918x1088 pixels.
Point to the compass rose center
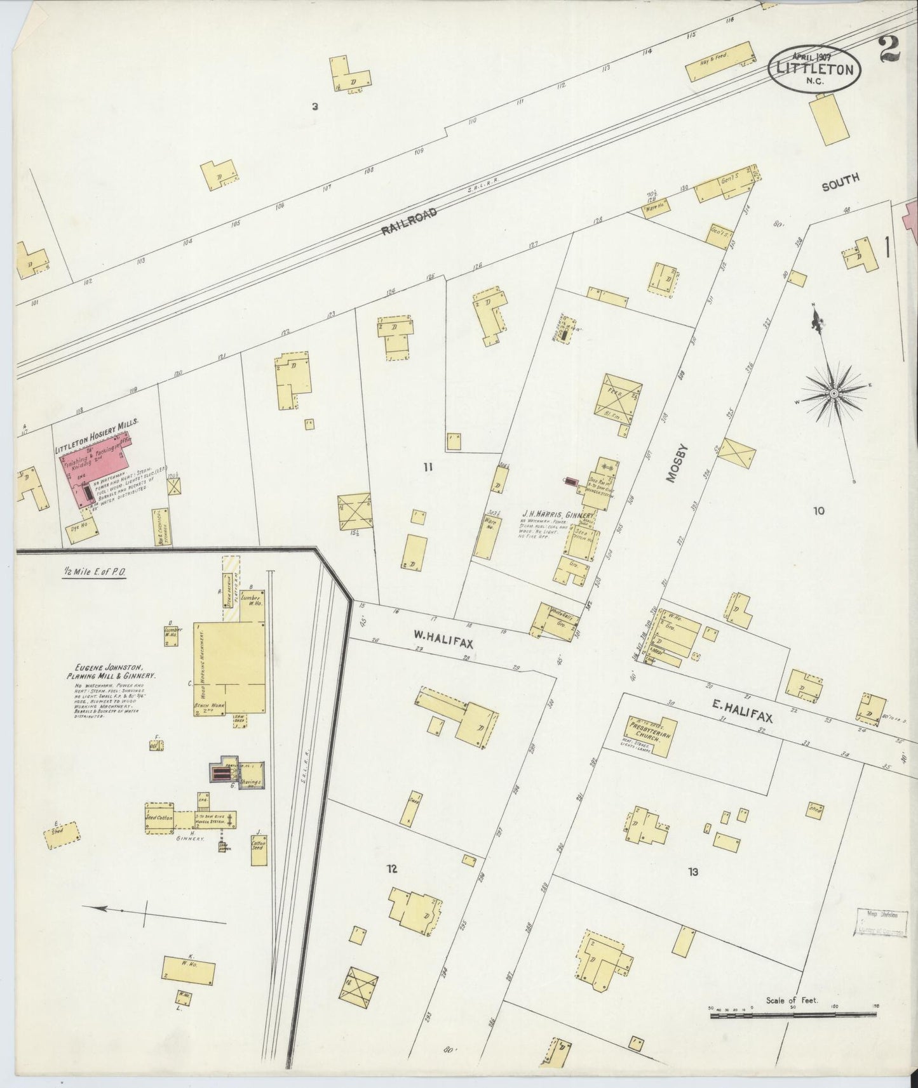[833, 394]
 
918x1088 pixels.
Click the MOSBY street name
[675, 464]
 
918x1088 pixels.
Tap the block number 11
[428, 467]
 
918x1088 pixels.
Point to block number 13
[692, 872]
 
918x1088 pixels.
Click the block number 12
[392, 868]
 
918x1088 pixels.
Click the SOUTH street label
[840, 182]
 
